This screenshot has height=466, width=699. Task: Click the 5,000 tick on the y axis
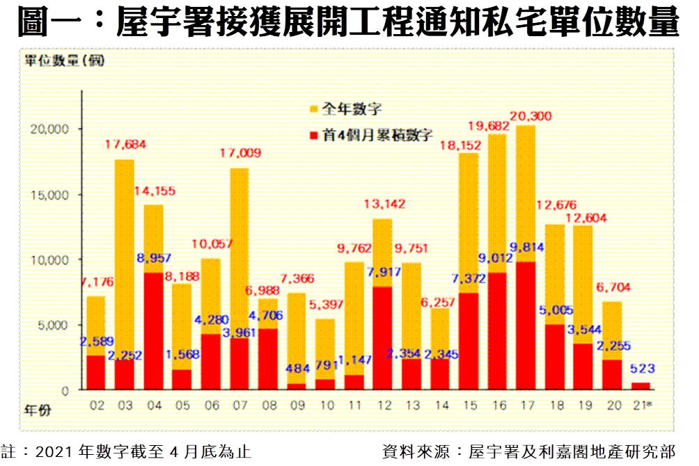coord(52,325)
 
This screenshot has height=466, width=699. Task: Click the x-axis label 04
coord(153,405)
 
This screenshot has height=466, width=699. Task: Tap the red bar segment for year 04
coord(154,332)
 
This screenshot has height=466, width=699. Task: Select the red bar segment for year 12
coord(383,338)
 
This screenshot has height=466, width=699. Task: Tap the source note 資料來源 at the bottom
coord(528,451)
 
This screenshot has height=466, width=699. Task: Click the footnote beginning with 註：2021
coord(126,451)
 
